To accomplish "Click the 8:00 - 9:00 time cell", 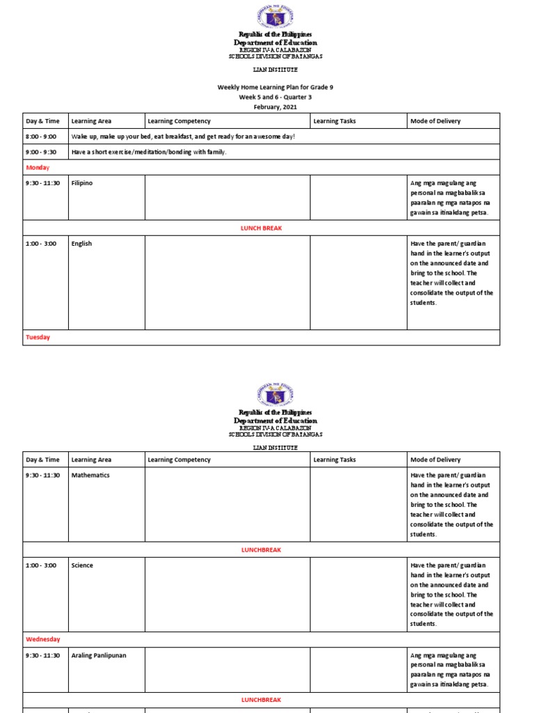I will (41, 136).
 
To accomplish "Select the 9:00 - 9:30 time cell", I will (41, 152).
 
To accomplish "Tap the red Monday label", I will (38, 168).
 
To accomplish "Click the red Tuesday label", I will (38, 337).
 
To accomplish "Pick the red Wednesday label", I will (43, 639).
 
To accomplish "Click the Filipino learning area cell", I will (81, 183).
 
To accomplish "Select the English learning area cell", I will (81, 244).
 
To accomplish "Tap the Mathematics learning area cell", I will (90, 475).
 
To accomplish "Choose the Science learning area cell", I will (82, 565).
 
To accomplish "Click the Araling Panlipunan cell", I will (99, 655).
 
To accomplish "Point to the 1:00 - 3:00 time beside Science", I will (40, 565).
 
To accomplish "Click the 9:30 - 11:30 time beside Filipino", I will (43, 183).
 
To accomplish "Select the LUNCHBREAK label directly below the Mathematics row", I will (261, 550).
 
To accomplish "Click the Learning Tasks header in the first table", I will (334, 121).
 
